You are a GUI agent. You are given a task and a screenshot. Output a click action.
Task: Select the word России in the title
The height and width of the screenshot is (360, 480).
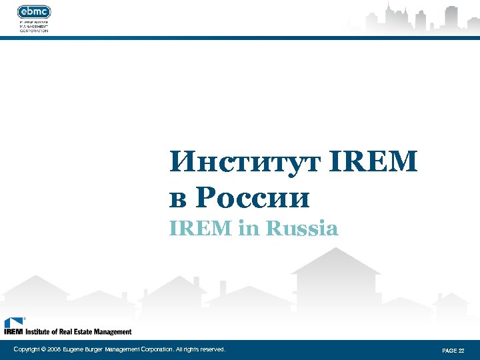tap(253, 198)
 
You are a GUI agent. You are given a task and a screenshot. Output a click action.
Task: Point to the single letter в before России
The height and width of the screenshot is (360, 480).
tap(178, 199)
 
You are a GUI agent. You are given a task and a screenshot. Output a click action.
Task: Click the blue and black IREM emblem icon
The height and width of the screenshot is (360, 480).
tap(13, 323)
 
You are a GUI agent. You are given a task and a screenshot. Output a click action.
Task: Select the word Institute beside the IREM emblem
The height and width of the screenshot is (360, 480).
tap(39, 331)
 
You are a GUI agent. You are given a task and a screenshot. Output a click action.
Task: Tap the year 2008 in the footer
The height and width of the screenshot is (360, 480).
tap(54, 349)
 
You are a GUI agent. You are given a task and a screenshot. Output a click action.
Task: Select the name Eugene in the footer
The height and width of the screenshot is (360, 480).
tap(75, 349)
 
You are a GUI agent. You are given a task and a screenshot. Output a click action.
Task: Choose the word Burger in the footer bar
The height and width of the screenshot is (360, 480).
tap(97, 349)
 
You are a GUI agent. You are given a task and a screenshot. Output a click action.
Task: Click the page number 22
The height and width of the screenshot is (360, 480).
tap(461, 350)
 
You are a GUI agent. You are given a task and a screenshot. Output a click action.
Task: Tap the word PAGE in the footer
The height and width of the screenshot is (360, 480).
tap(449, 350)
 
